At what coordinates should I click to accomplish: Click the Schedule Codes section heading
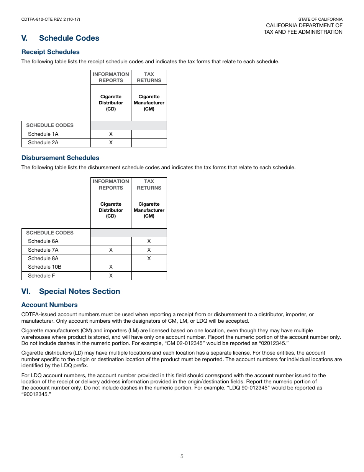click(x=69, y=38)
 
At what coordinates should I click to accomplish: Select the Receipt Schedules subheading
click(x=51, y=52)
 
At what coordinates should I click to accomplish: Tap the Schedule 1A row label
click(x=43, y=134)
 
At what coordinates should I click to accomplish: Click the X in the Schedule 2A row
click(x=111, y=142)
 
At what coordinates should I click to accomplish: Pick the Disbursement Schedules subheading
click(x=60, y=158)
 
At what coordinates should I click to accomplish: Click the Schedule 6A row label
click(x=43, y=241)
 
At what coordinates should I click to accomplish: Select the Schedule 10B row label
click(x=45, y=267)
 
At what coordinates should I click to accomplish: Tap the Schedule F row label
click(x=41, y=276)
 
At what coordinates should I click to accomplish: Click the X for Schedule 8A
click(x=149, y=258)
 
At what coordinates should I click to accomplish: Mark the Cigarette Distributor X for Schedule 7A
click(x=111, y=250)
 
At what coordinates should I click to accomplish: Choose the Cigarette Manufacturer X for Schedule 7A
click(x=149, y=250)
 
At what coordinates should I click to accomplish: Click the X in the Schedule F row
click(x=111, y=276)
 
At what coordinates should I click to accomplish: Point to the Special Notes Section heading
click(x=79, y=291)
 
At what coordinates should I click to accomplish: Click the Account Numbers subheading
click(x=49, y=305)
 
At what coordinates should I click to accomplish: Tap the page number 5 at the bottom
click(x=182, y=456)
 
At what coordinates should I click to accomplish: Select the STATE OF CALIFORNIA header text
click(x=320, y=19)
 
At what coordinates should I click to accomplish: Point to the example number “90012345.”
click(x=36, y=394)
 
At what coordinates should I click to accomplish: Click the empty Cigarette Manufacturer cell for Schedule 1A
click(x=149, y=134)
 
